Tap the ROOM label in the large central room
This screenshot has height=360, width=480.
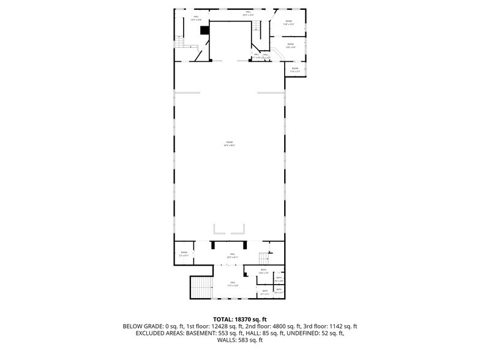pos(230,143)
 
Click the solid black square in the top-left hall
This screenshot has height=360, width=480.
pos(205,30)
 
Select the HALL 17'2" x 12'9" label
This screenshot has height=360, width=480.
pos(233,284)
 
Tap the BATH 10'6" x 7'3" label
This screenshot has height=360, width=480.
pos(264,271)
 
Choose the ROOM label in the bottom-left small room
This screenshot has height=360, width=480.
pos(184,253)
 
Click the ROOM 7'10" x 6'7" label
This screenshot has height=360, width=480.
pos(295,69)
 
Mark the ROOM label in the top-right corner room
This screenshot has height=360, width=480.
pos(289,23)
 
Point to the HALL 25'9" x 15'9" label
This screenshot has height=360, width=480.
pos(249,13)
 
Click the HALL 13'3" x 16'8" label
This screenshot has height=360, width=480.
pos(196,18)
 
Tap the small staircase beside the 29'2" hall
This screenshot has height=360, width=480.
pos(264,256)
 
